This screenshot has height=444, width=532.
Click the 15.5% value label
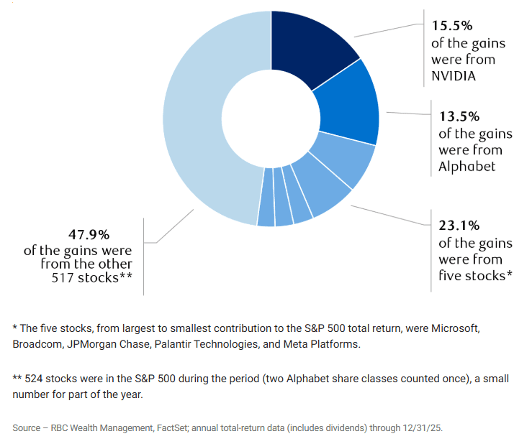click(452, 25)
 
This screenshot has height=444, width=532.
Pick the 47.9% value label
click(89, 234)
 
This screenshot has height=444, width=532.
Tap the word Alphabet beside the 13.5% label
click(467, 167)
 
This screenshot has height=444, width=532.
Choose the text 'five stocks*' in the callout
click(475, 276)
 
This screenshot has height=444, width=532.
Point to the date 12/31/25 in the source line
click(423, 428)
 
